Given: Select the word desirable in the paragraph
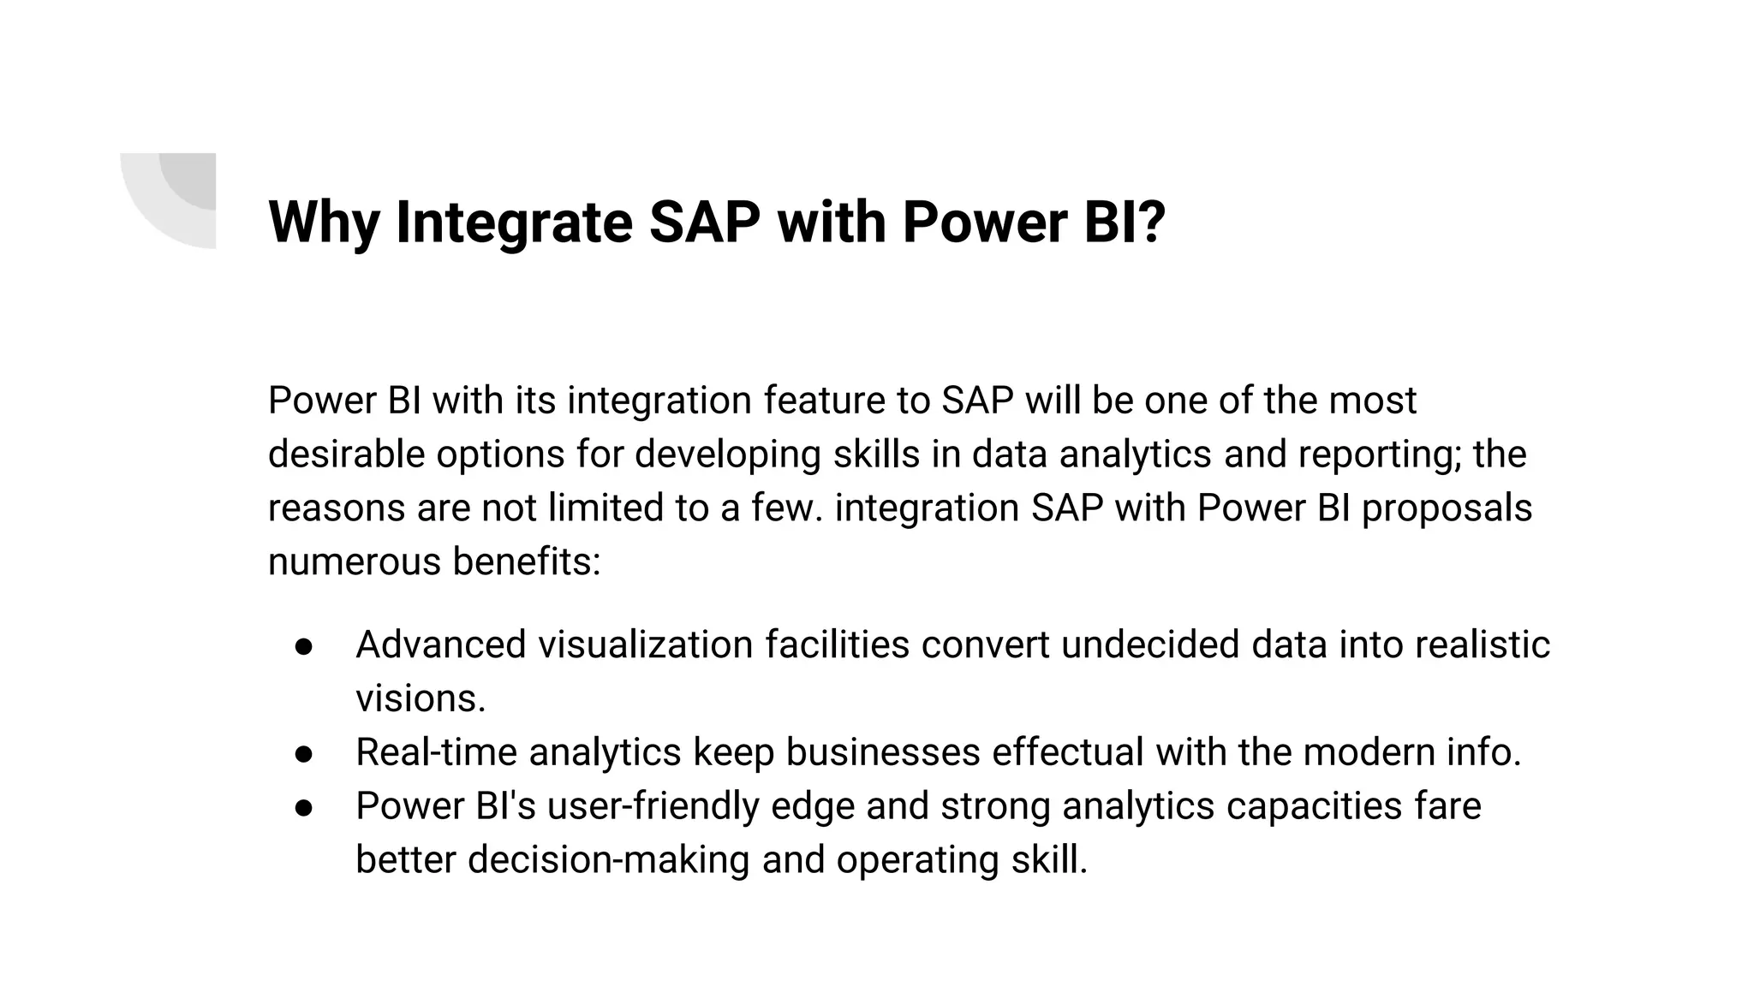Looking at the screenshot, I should tap(346, 454).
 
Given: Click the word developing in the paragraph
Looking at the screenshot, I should tap(728, 454).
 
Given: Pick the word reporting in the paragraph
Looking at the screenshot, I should tap(1379, 454).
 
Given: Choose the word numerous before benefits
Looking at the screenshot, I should tap(355, 561).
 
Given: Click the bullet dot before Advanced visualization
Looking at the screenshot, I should tap(304, 646).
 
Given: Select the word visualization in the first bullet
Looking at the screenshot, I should tap(646, 644).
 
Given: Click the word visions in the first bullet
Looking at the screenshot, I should tap(420, 698).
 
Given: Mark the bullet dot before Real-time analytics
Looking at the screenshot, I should tap(304, 754).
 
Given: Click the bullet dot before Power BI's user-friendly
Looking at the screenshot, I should tap(304, 808).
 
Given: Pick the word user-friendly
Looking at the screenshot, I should tap(653, 806).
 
